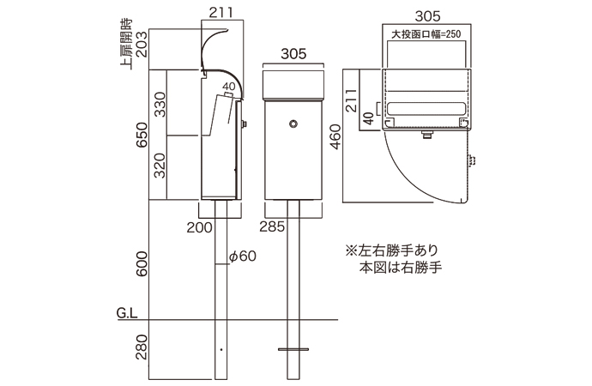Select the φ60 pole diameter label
244,256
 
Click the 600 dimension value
142,261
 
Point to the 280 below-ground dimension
142,348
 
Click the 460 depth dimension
335,134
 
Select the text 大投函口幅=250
426,35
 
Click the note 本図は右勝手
400,268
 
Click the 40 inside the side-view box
228,87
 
